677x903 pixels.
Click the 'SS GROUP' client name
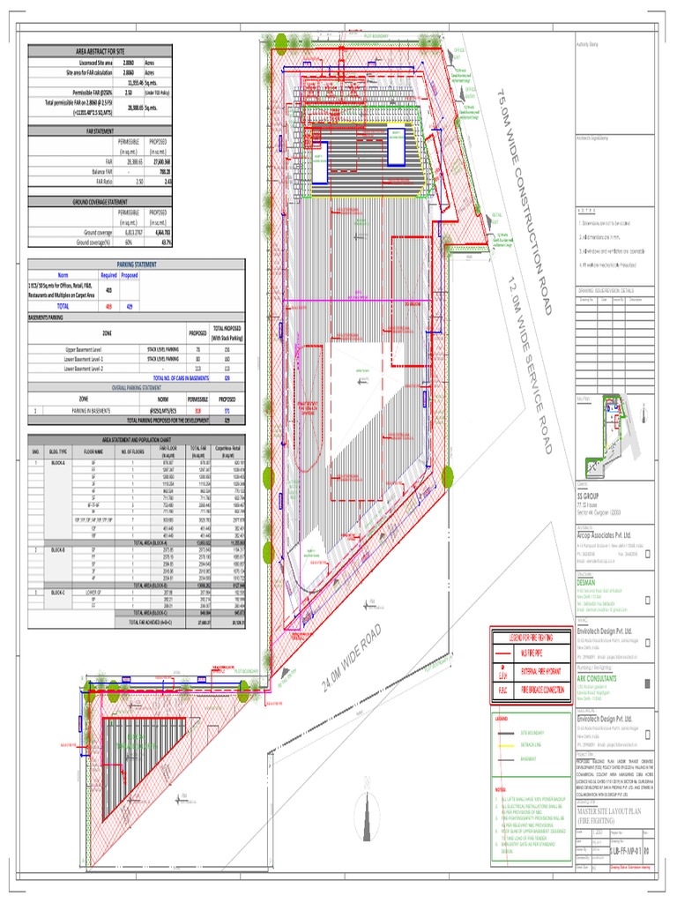click(x=587, y=496)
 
